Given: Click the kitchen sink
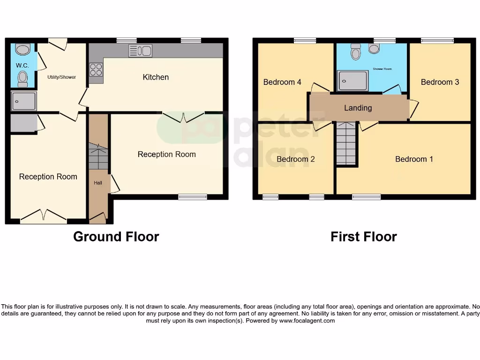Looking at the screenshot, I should tap(140, 51).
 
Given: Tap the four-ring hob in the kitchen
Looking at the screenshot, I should tap(96, 69).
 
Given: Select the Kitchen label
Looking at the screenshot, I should tap(156, 77).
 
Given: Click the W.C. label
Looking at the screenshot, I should tap(22, 66).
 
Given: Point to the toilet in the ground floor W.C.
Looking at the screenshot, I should tap(22, 78).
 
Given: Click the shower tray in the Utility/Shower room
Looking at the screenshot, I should tap(24, 101).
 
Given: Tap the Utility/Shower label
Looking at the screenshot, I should tap(61, 77).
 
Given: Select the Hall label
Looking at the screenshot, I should tap(97, 183).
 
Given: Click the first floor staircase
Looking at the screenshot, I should tap(346, 143).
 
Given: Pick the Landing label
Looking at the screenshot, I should tap(358, 108).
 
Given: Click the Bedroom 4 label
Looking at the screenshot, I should tap(282, 82).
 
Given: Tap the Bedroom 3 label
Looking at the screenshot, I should tap(440, 82).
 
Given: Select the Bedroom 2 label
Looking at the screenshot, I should tap(295, 159).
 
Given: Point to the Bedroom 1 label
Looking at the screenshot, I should tap(414, 159).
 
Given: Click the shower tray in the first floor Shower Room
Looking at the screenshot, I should tap(352, 81).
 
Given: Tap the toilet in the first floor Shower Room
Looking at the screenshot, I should tap(356, 52).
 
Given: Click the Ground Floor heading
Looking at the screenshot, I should tap(116, 237).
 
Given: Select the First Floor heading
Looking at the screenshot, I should tap(363, 237).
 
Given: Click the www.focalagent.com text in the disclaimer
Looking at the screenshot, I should tap(307, 321).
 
